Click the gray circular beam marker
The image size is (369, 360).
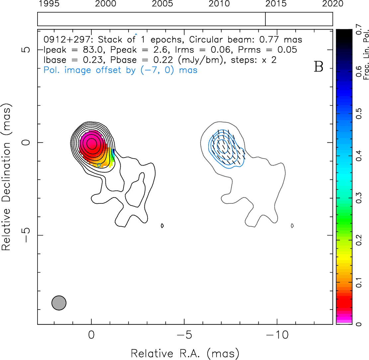coord(59,303)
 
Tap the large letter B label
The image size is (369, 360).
coord(319,67)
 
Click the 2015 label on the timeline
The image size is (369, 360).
coord(276,4)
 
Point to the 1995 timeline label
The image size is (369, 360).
coord(49,4)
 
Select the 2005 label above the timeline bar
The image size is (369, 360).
coord(162,4)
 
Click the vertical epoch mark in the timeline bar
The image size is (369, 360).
coord(265,19)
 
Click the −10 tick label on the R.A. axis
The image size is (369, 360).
coord(277,334)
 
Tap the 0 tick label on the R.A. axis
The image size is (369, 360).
coord(91,334)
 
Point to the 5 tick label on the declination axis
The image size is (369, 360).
coord(26,50)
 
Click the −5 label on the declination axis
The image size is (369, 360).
coord(26,235)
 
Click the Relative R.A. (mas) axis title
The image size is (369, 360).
coord(185,353)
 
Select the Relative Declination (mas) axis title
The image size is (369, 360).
coord(7,179)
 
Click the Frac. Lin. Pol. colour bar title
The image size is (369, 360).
coord(366,54)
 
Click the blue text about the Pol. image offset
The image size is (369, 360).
coord(121,70)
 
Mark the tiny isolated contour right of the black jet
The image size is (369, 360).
coord(162,226)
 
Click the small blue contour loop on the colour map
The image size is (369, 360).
coord(99,165)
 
